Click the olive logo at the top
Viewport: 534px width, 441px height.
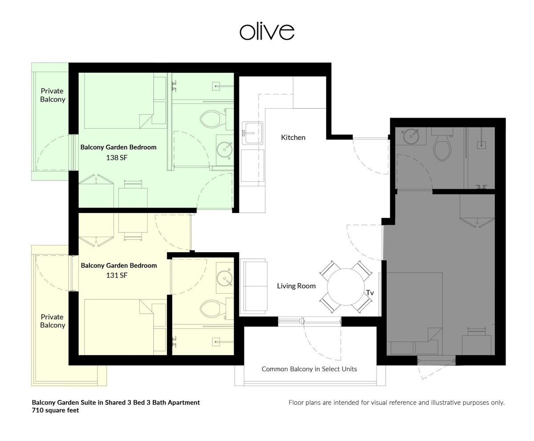click(267, 32)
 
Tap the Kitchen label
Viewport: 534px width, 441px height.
click(293, 138)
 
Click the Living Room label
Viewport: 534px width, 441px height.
click(296, 286)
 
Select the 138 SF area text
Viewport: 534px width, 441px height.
click(117, 158)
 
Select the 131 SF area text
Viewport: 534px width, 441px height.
click(117, 275)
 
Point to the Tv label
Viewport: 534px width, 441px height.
click(370, 293)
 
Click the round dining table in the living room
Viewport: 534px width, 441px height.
click(346, 287)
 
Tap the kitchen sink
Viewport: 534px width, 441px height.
click(252, 133)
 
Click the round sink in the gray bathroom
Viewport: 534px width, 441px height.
click(411, 136)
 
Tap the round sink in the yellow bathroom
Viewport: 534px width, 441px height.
click(225, 278)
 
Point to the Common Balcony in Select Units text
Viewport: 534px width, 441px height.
click(309, 369)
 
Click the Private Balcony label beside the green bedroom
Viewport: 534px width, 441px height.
click(53, 95)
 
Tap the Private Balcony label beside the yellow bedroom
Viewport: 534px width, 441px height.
click(53, 321)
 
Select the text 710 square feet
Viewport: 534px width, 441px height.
click(56, 410)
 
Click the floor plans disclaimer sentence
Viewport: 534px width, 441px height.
click(396, 403)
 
